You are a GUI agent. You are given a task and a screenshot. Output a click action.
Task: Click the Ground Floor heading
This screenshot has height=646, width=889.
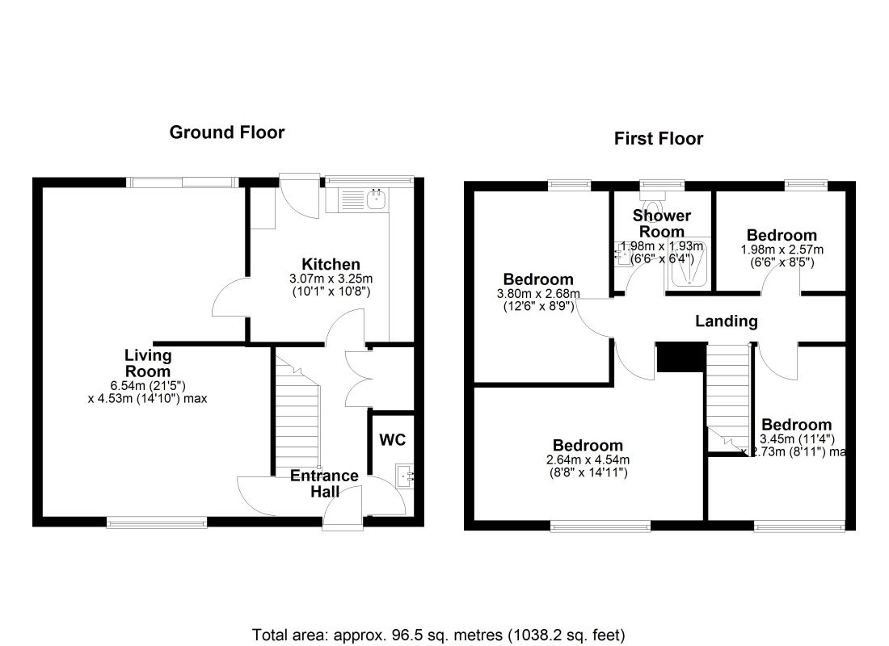pyautogui.click(x=226, y=132)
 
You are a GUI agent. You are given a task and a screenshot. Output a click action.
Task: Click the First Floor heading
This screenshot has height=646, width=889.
pyautogui.click(x=659, y=139)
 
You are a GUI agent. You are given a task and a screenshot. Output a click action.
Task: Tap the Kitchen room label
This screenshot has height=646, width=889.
pyautogui.click(x=331, y=264)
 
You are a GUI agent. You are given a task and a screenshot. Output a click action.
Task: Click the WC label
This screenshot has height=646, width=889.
pyautogui.click(x=392, y=440)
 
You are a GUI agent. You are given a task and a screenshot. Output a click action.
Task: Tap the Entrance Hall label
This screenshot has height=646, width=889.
pyautogui.click(x=324, y=483)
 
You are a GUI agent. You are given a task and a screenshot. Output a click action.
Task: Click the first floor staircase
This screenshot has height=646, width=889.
pyautogui.click(x=729, y=388)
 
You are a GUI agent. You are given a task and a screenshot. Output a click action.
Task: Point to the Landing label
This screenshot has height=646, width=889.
pyautogui.click(x=727, y=321)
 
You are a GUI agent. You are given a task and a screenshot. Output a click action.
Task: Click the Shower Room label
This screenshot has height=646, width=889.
pyautogui.click(x=661, y=224)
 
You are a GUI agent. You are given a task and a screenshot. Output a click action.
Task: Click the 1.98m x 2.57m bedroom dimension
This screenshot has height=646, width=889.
pyautogui.click(x=782, y=255)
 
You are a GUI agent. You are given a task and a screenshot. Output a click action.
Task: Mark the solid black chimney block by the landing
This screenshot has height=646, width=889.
pyautogui.click(x=676, y=357)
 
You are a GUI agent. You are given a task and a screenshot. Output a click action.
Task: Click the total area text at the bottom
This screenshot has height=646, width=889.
pyautogui.click(x=439, y=634)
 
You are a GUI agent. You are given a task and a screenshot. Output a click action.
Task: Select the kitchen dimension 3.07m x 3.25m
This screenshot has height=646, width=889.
pyautogui.click(x=331, y=284)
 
